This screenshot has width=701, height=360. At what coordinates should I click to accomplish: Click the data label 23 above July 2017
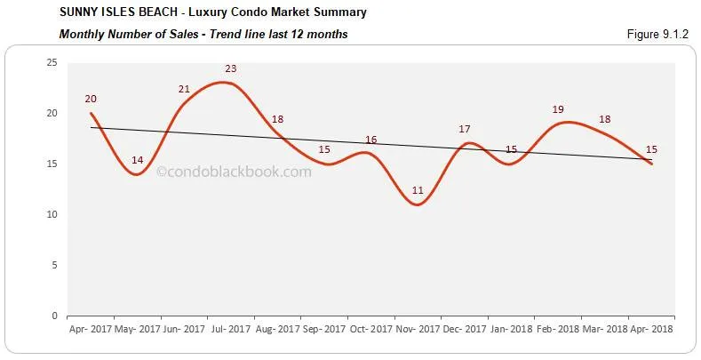click(231, 68)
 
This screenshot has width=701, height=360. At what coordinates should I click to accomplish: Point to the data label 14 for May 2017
click(137, 160)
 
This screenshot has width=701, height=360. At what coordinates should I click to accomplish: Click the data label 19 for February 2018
click(558, 109)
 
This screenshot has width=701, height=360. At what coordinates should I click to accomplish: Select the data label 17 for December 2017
click(465, 129)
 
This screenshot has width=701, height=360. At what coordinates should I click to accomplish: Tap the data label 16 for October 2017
click(370, 140)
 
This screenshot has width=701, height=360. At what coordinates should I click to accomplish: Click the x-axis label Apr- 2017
click(91, 328)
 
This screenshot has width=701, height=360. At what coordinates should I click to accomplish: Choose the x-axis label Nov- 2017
click(418, 328)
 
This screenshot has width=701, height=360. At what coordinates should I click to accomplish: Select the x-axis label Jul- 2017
click(231, 328)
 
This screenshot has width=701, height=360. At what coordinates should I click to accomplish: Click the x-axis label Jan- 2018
click(511, 328)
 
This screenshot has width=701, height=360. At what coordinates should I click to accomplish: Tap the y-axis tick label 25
click(52, 62)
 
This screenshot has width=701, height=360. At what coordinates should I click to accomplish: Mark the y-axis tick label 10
click(52, 214)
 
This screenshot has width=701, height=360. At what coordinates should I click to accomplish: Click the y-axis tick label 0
click(54, 316)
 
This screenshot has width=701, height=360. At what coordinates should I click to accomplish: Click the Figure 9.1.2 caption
click(658, 34)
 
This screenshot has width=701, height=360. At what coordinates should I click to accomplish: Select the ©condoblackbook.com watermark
click(234, 172)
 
